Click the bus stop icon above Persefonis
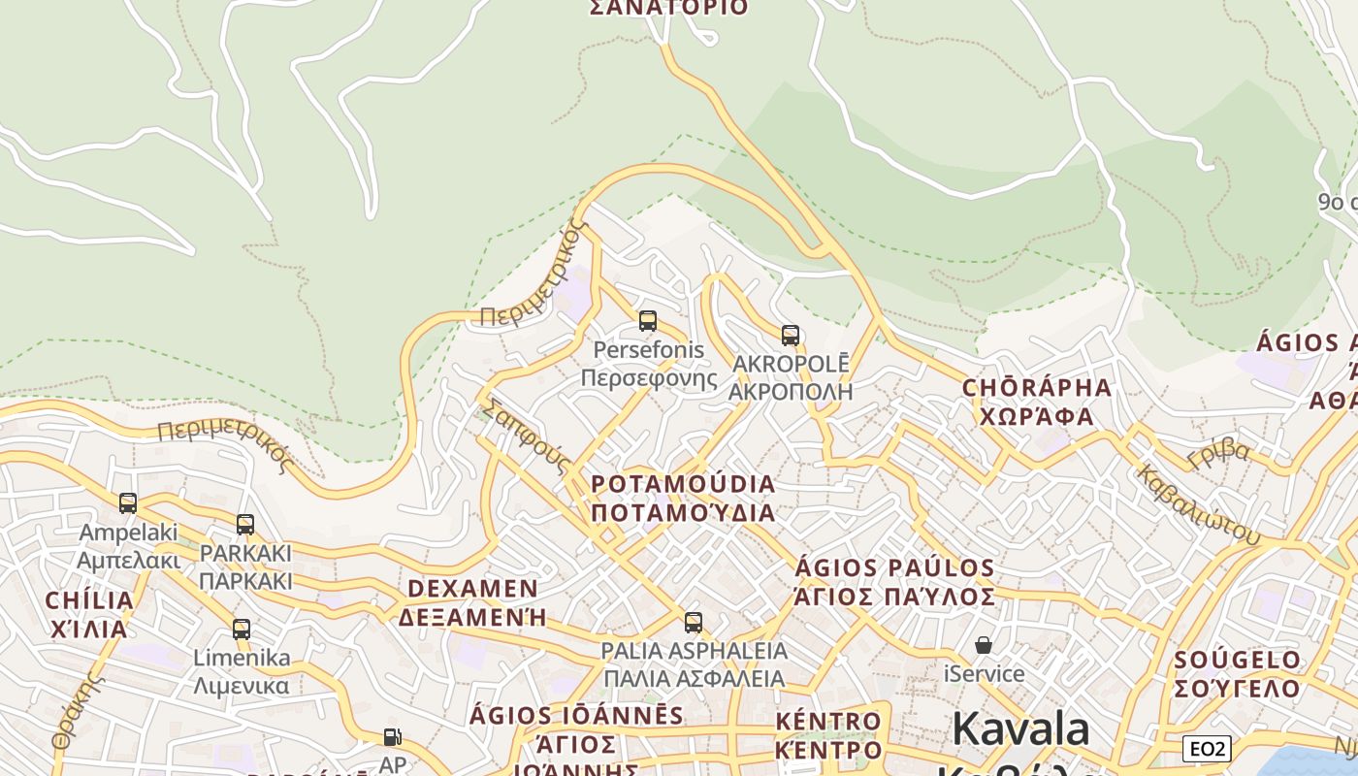coord(647,321)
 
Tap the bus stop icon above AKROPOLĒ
coord(791,336)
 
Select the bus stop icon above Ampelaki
coord(128,503)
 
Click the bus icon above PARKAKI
coord(245,525)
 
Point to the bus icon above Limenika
coord(242,630)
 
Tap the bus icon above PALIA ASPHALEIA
coord(693,623)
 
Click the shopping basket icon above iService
coord(984,645)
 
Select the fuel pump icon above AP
coord(392,737)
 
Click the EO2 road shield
coord(1208,749)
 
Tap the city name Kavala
coord(1020,729)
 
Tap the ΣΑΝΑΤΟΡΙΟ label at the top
coord(669,8)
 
